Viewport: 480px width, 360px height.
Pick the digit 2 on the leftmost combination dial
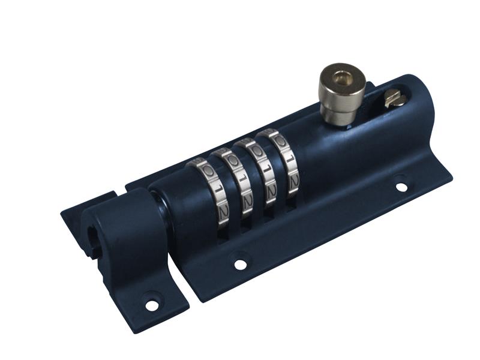223,211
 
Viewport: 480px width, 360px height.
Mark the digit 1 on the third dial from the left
263,169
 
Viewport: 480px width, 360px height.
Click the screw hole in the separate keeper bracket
152,305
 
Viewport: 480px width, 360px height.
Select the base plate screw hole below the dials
241,263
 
